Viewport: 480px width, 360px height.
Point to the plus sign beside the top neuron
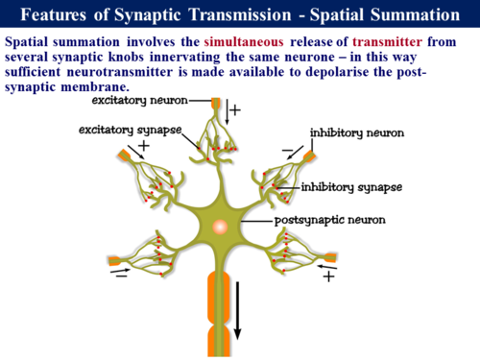[x=236, y=111]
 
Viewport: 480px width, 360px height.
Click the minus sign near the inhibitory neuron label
[x=286, y=150]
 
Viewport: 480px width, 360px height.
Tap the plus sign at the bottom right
[x=329, y=276]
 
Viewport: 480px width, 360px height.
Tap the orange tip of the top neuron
[x=216, y=101]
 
